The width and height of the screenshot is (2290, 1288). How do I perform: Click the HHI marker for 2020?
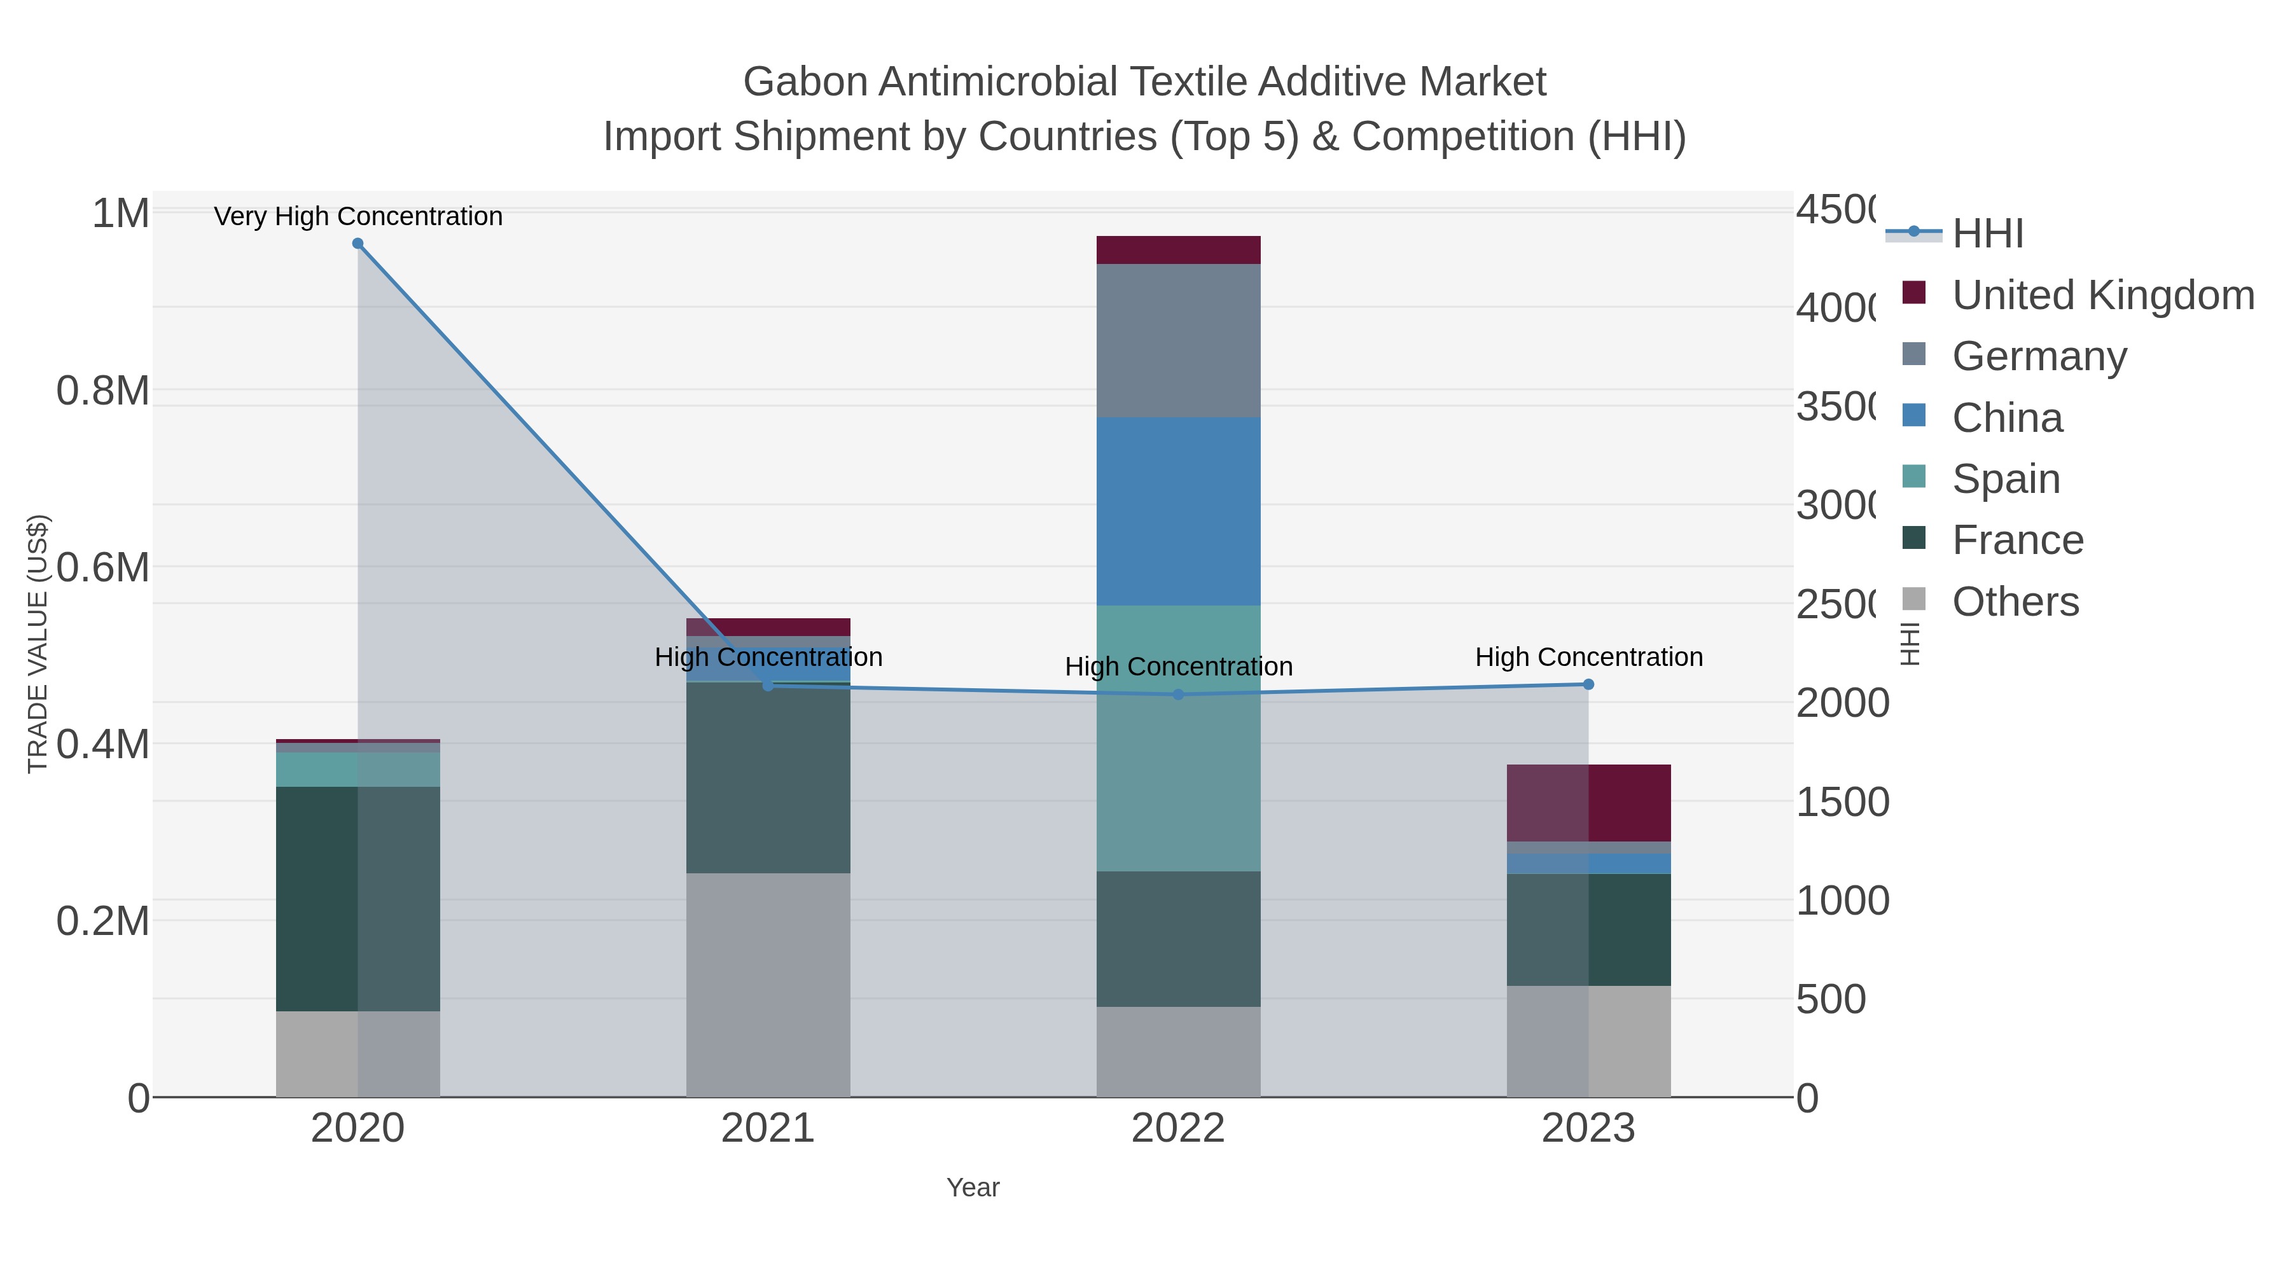coord(357,244)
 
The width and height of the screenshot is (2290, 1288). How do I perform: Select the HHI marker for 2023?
coord(1588,684)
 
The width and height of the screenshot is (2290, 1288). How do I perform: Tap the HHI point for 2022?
coord(1178,694)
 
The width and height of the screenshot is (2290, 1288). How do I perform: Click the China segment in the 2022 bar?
coord(1178,511)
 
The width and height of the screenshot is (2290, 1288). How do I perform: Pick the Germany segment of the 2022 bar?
coord(1178,340)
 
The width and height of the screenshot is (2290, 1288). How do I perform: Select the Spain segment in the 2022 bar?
coord(1178,738)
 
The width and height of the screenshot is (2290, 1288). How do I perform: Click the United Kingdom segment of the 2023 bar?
coord(1588,803)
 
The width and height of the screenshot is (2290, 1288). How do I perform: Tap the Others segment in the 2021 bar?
coord(768,985)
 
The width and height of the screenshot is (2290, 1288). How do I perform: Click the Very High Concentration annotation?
coord(358,217)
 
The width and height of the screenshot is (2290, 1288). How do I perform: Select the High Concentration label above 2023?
coord(1588,658)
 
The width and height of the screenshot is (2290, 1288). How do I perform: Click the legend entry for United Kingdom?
coord(2102,295)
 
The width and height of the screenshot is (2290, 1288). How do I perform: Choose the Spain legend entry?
coord(2006,479)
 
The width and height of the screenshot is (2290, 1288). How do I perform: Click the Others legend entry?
coord(2015,602)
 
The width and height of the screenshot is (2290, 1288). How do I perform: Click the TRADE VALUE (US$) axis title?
coord(38,644)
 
